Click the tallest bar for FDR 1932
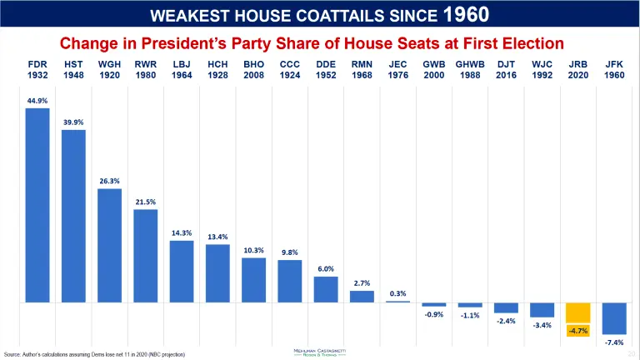(37, 204)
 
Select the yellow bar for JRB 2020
(578, 312)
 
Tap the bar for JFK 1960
(614, 317)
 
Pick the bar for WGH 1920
(110, 245)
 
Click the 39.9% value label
(73, 122)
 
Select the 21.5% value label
(146, 202)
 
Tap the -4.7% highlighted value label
(578, 331)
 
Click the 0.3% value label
(397, 293)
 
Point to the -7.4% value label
(614, 342)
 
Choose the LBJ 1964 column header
(182, 69)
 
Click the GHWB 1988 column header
(469, 69)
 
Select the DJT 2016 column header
(506, 69)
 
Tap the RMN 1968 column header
(362, 69)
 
